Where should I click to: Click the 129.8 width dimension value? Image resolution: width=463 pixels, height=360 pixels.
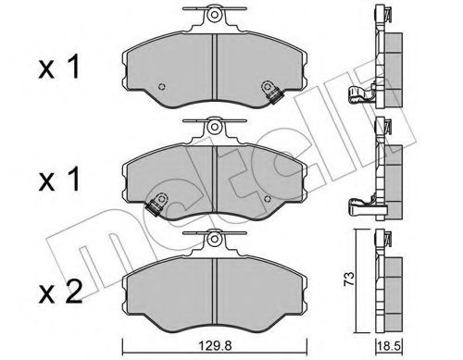214,345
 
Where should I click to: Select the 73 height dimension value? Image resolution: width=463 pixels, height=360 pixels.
349,279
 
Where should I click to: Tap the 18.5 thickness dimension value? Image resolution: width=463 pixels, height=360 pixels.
390,345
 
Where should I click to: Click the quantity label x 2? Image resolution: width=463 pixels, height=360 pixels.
60,292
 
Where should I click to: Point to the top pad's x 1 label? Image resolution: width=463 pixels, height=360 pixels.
59,67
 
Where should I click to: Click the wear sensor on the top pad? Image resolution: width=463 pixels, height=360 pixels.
272,93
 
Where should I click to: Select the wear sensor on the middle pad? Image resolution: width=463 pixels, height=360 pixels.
157,204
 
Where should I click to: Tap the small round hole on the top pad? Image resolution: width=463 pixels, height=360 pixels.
161,87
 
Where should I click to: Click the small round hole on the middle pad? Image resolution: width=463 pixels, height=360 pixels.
268,199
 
